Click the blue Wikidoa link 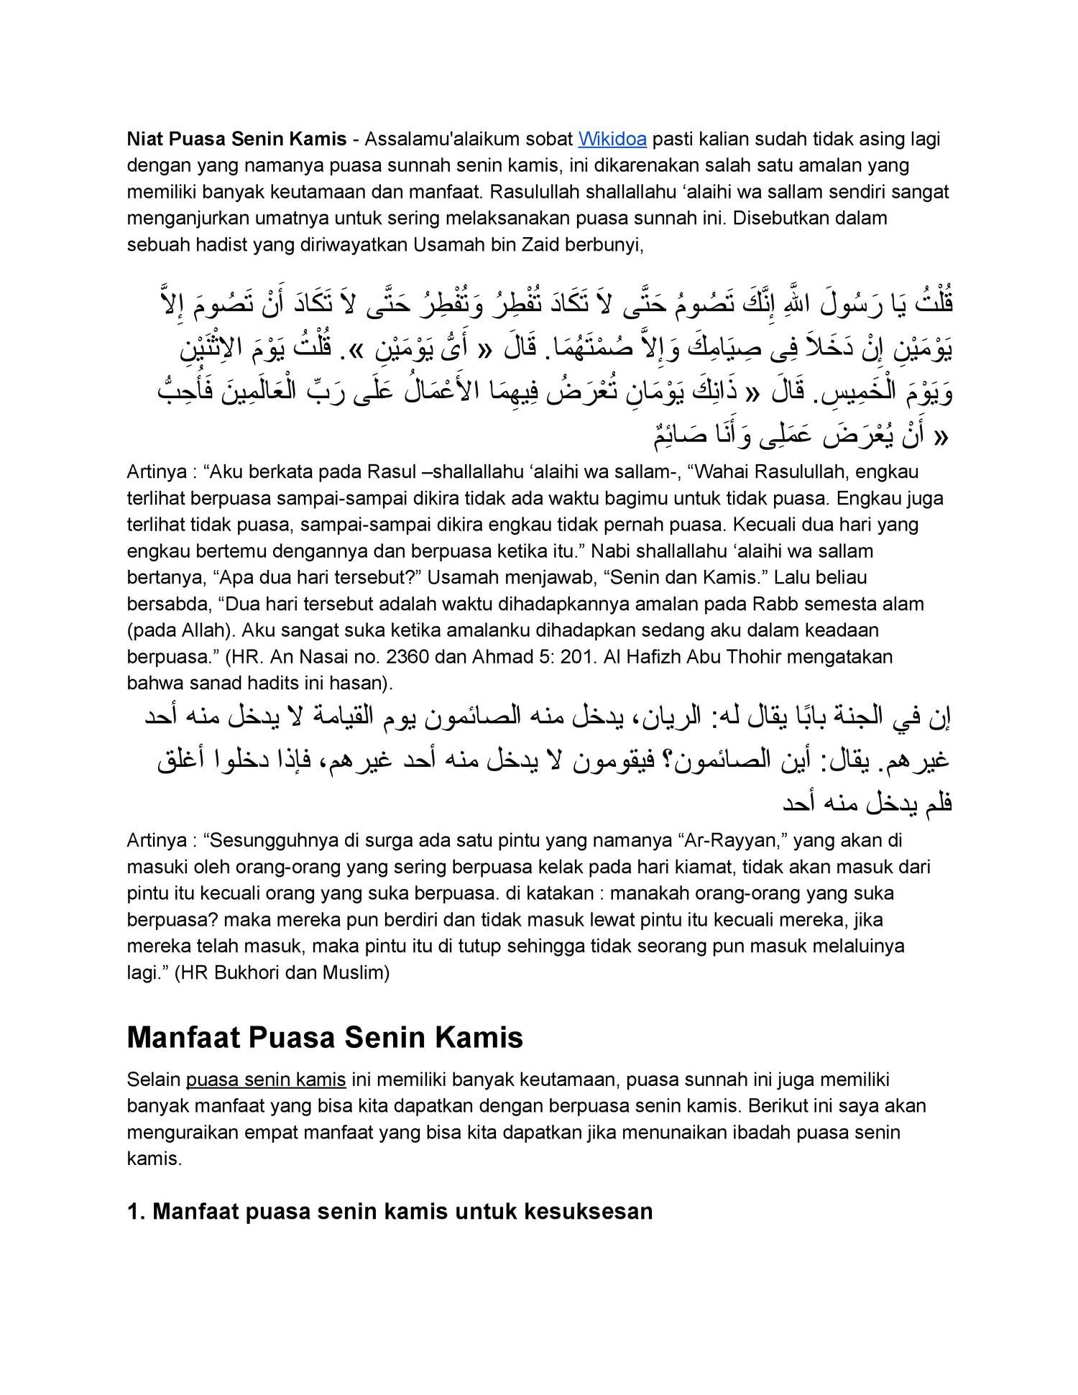pos(612,139)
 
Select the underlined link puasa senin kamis pos(266,1079)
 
